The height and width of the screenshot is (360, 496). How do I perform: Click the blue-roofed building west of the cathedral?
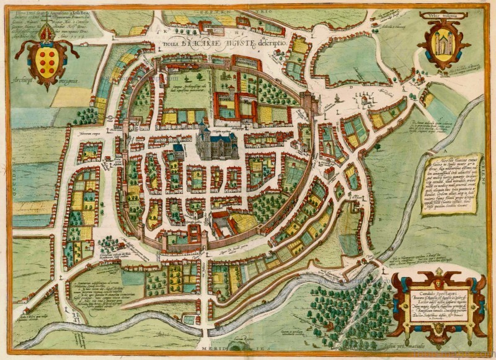click(177, 149)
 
